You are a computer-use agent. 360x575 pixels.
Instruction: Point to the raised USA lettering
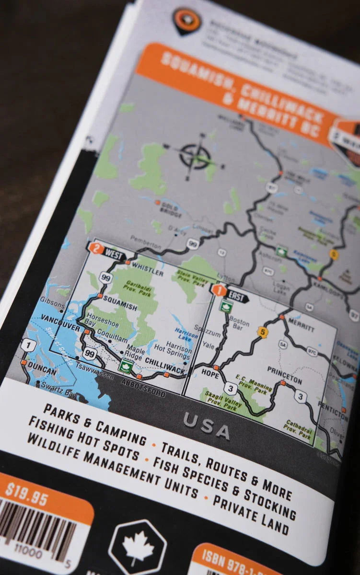pos(206,425)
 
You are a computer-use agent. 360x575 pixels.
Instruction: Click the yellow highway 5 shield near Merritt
pos(261,331)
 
